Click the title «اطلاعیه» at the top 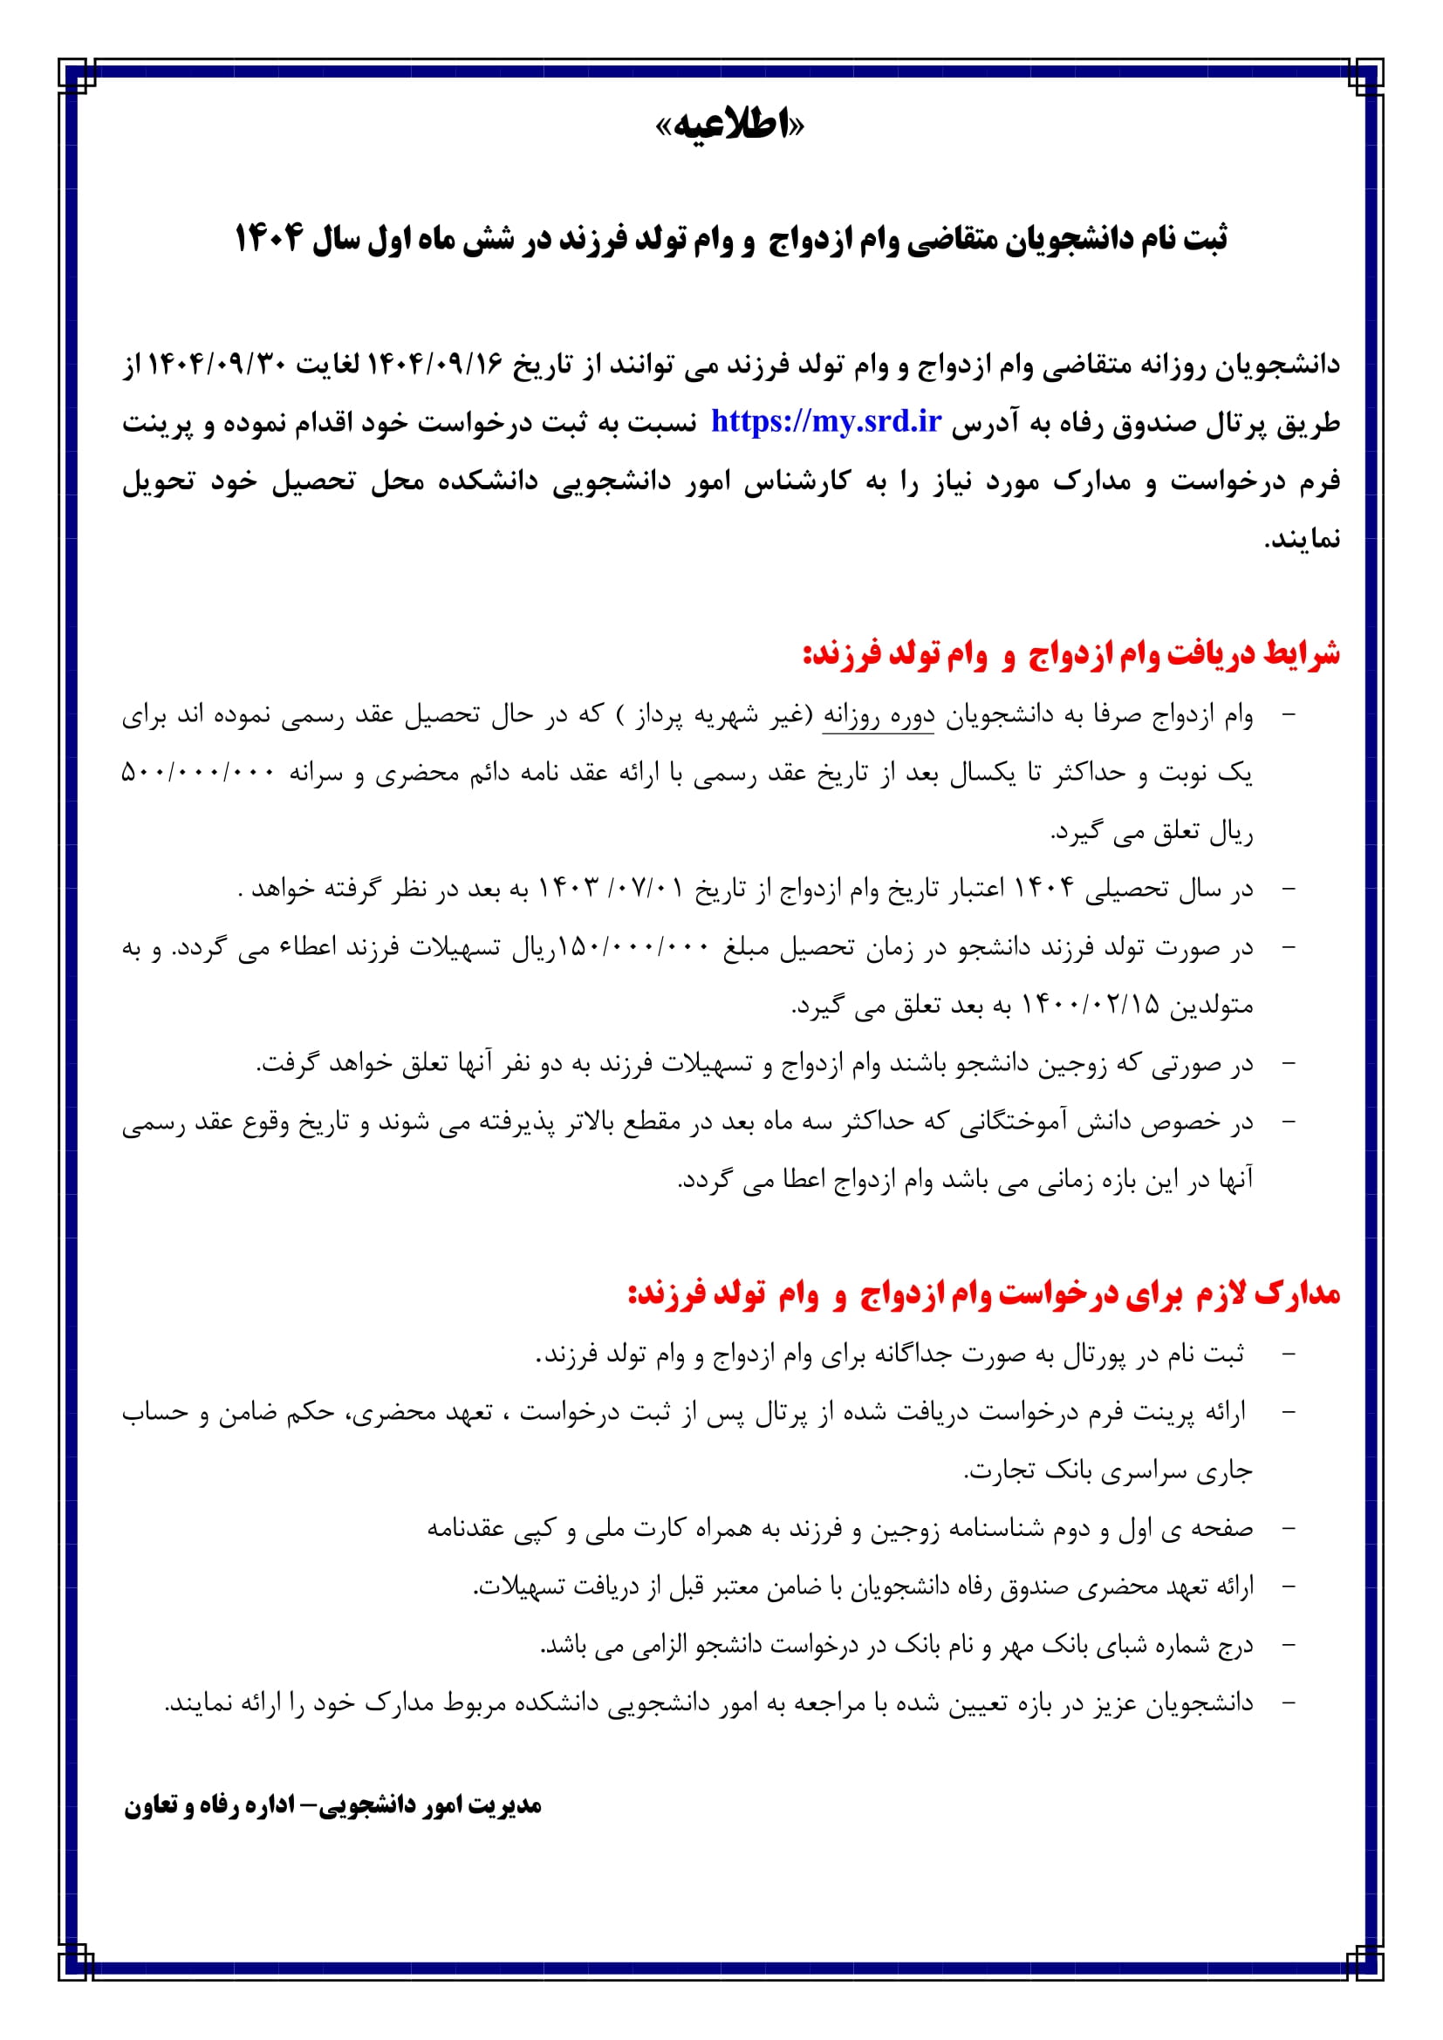[x=728, y=126]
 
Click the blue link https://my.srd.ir [x=825, y=421]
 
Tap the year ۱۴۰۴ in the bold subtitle [x=269, y=239]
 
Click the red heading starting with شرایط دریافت [x=1070, y=655]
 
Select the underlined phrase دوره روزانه [x=878, y=716]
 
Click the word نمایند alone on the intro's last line [x=1303, y=539]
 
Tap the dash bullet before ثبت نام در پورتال [x=1289, y=1355]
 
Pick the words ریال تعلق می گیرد [x=1152, y=833]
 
